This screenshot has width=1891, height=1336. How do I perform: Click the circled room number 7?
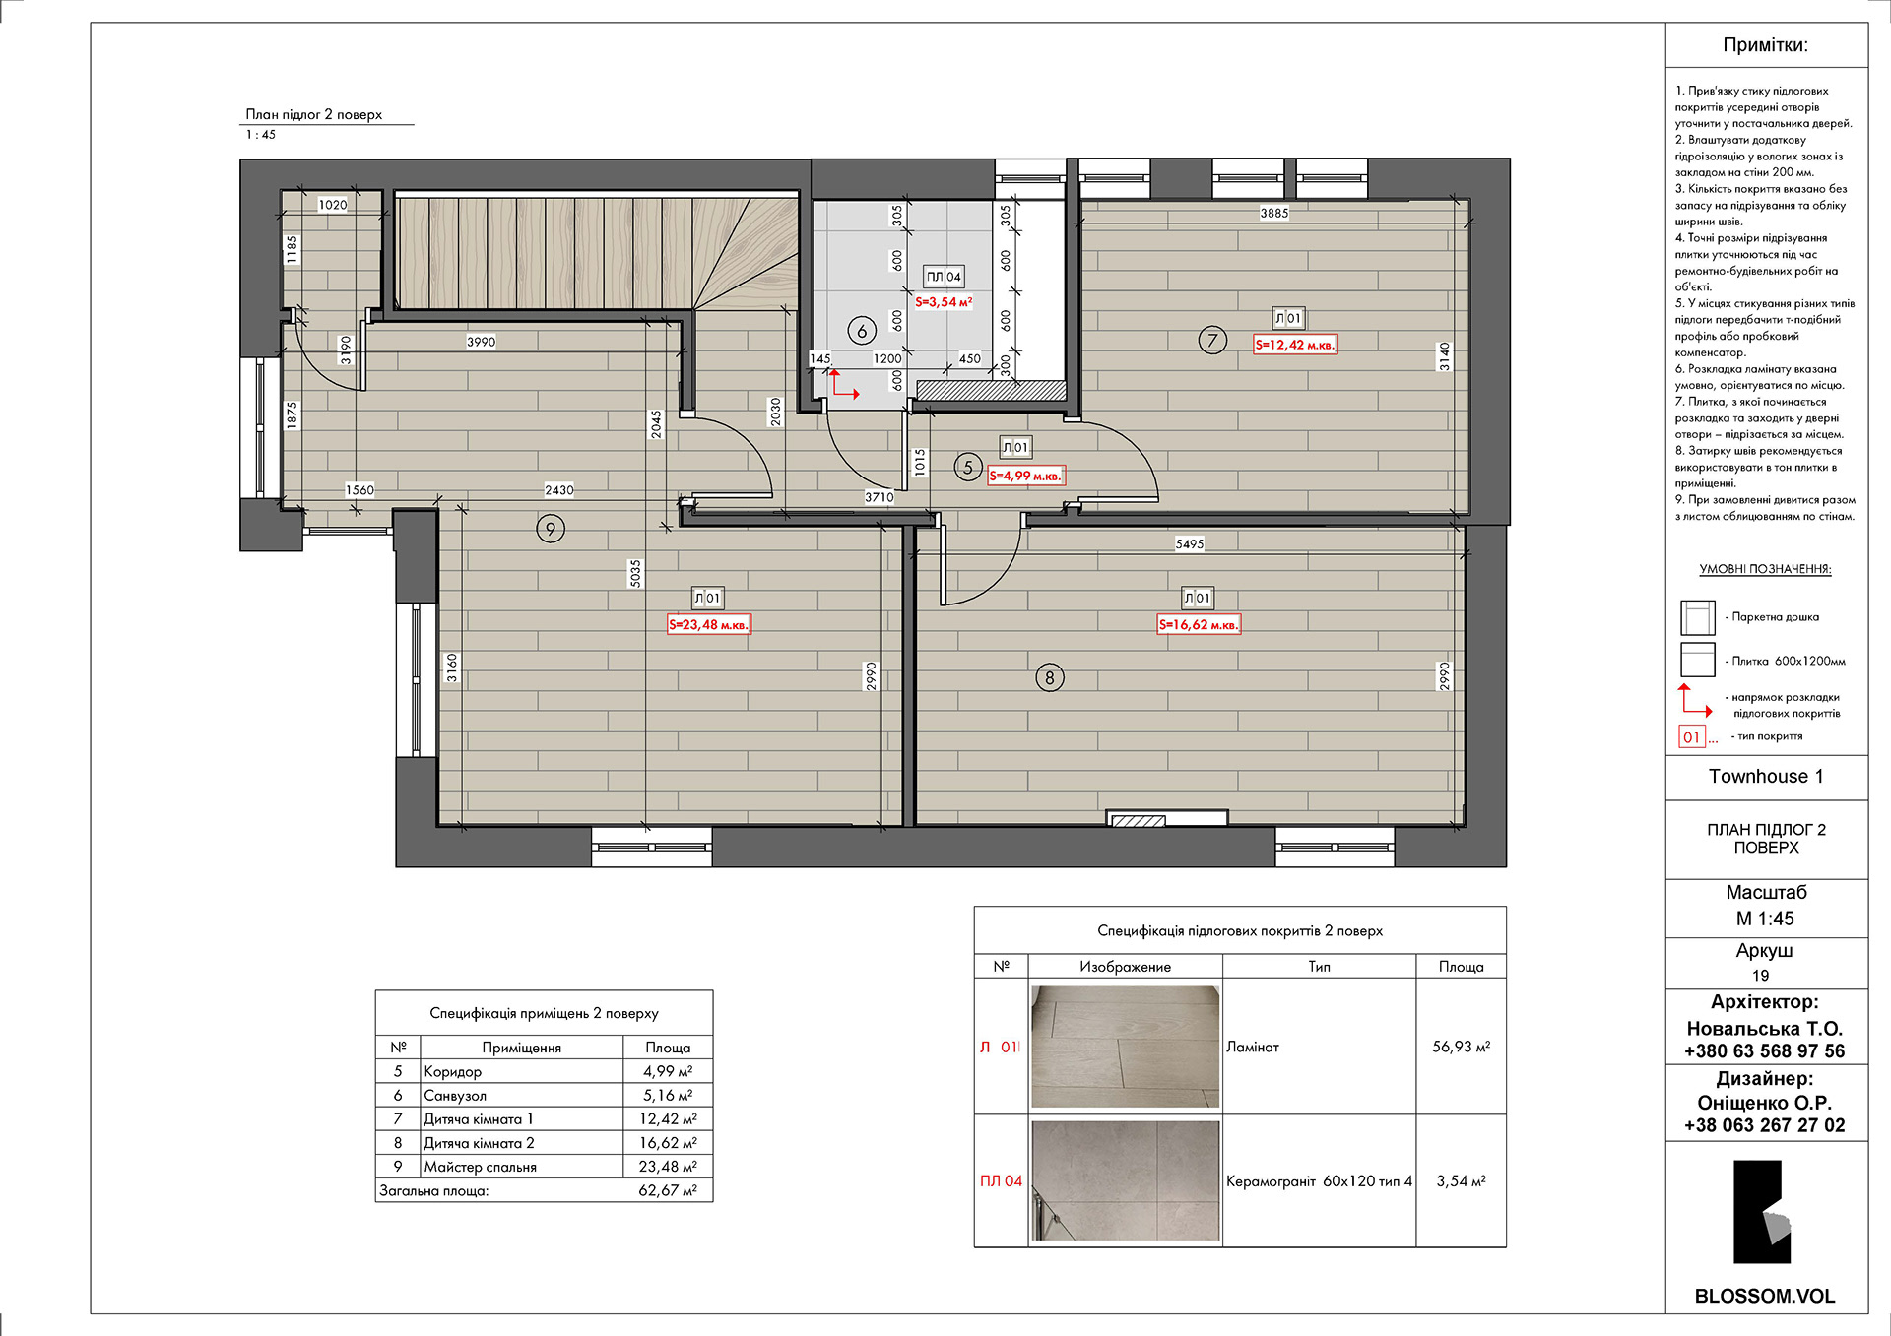point(1212,341)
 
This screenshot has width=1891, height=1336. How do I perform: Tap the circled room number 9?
point(551,530)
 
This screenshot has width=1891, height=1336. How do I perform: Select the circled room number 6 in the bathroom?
point(862,331)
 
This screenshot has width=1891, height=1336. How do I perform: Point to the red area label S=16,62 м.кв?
point(1199,624)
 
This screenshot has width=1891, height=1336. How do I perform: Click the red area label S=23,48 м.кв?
point(709,624)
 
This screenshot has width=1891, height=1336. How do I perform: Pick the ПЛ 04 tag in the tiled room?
point(944,277)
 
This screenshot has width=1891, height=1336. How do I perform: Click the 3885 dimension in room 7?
point(1273,213)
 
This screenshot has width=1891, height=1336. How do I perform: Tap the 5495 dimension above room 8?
point(1190,543)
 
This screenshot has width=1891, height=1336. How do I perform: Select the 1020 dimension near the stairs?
point(333,205)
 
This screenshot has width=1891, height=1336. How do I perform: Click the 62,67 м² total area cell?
point(668,1190)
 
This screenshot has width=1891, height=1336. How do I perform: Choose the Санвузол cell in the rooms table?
point(455,1095)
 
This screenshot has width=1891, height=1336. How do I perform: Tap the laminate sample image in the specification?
point(1125,1046)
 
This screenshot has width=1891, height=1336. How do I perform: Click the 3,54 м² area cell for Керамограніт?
point(1461,1180)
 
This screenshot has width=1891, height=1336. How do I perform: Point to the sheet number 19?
point(1761,976)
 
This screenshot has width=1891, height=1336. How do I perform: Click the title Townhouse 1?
point(1766,776)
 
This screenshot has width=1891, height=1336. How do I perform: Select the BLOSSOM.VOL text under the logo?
point(1765,1296)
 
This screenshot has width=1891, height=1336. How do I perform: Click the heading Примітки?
point(1765,45)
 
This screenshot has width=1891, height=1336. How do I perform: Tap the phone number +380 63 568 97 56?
point(1765,1050)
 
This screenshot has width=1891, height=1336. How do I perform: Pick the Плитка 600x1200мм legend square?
point(1698,660)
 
